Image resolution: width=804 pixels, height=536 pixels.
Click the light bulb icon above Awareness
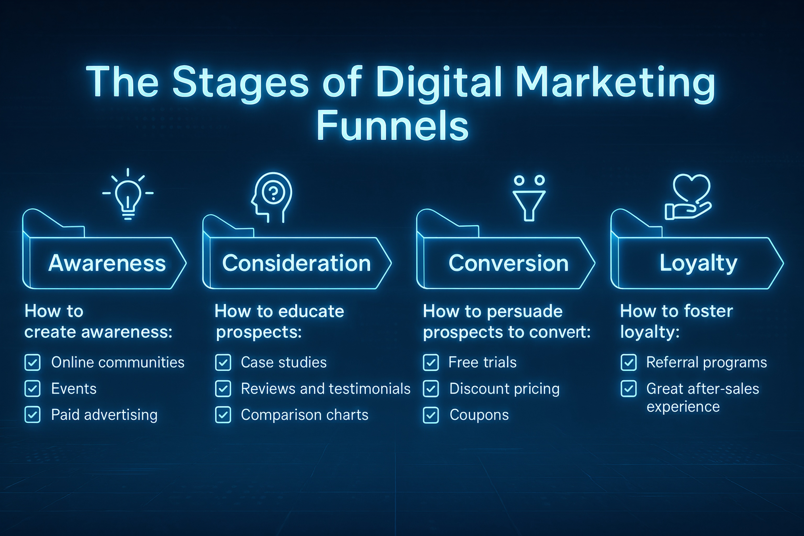click(x=128, y=198)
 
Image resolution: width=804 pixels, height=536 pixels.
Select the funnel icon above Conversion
click(x=529, y=205)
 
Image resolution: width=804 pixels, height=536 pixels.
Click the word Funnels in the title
click(x=393, y=126)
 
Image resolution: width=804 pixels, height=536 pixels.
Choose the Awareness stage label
click(x=107, y=263)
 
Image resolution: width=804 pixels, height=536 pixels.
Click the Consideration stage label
click(x=296, y=263)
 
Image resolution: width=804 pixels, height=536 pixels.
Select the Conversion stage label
click(x=508, y=263)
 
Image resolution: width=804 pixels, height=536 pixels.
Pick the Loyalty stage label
click(x=698, y=263)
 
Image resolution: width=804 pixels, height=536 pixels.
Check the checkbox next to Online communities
click(x=32, y=362)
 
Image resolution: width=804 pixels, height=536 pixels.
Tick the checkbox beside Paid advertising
click(x=32, y=415)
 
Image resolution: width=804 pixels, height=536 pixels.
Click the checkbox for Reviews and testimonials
click(x=223, y=389)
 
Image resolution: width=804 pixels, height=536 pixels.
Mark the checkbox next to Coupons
click(x=431, y=415)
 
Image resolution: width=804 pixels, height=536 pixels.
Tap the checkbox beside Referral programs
click(x=629, y=362)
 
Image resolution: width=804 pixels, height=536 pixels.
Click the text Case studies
click(x=284, y=362)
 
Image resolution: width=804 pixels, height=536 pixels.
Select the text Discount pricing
click(x=505, y=389)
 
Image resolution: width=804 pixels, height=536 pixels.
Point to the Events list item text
click(x=74, y=389)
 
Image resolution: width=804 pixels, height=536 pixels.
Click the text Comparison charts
click(x=305, y=415)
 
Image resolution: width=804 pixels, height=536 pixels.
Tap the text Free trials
click(x=482, y=362)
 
